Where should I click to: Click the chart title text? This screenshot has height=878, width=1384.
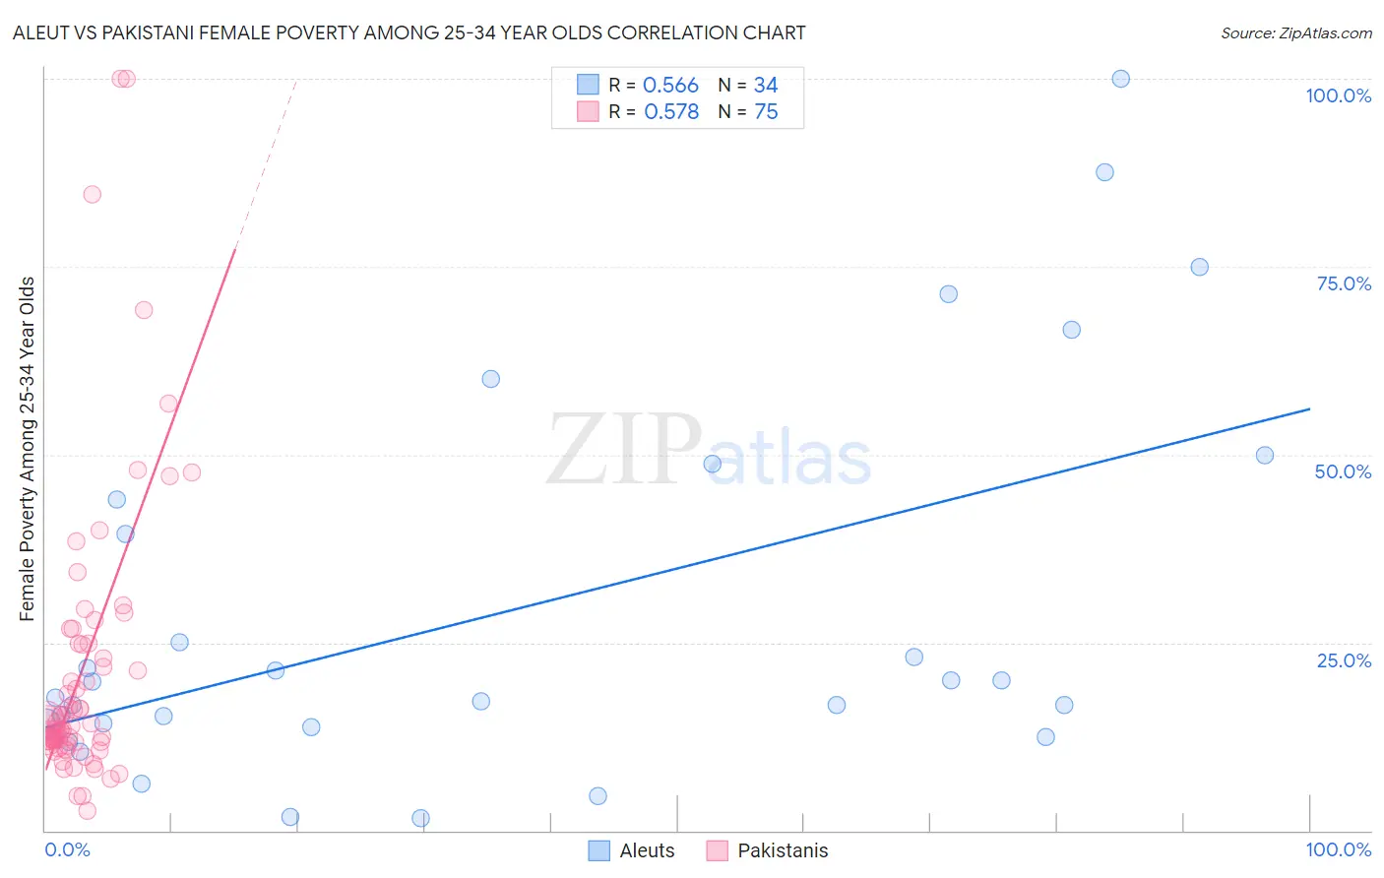(x=409, y=32)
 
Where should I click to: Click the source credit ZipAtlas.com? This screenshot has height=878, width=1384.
(x=1295, y=32)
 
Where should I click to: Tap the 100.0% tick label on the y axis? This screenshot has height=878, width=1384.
(x=1338, y=95)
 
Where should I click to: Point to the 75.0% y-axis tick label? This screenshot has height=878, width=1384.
(x=1343, y=283)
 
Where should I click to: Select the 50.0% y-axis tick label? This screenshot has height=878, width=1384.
(x=1343, y=471)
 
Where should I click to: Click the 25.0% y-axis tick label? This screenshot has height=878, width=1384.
(x=1343, y=660)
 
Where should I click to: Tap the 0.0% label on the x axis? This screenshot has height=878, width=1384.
(x=67, y=849)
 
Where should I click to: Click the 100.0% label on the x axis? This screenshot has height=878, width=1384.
(x=1338, y=849)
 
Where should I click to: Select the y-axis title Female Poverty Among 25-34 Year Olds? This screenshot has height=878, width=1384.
(x=28, y=449)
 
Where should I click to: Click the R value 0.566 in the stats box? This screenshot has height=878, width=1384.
(x=670, y=86)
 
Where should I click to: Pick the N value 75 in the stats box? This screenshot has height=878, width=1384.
(x=766, y=112)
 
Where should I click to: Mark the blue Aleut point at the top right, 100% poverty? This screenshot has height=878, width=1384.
(x=1120, y=79)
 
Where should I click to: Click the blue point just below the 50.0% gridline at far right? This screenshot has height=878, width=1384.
(x=1265, y=456)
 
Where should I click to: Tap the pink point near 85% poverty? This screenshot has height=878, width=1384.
(x=92, y=194)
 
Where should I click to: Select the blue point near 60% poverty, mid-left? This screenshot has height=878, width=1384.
(x=490, y=379)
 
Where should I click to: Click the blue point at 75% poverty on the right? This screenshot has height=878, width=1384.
(x=1199, y=267)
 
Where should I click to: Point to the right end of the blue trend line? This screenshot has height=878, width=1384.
(x=1309, y=408)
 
